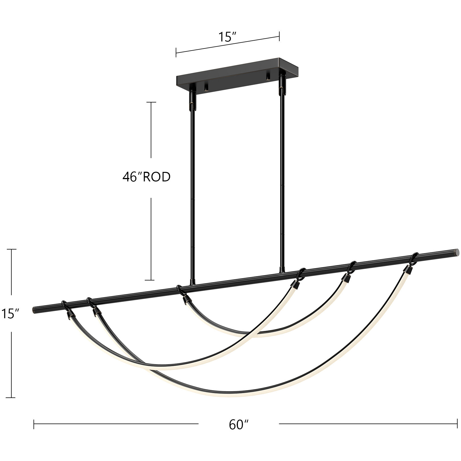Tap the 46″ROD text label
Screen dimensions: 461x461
tap(146, 177)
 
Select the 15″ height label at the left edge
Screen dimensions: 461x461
tap(10, 314)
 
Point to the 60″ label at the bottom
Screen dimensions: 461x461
tap(239, 425)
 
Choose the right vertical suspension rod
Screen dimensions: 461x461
tap(282, 176)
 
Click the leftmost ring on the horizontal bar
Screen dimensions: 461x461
tap(65, 304)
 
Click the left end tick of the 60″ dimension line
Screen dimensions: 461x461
tap(34, 424)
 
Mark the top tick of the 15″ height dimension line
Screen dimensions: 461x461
tap(11, 249)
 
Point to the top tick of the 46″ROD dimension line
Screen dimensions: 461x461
tap(151, 102)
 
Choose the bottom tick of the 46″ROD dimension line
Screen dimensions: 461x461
tap(151, 280)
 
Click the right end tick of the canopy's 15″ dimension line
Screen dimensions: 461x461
tap(279, 36)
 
